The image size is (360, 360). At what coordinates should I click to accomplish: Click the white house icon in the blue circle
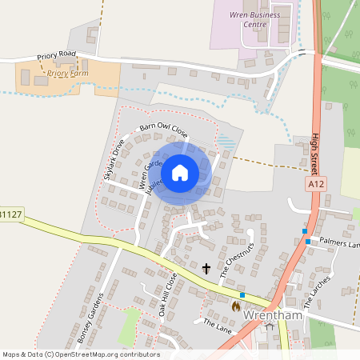180,172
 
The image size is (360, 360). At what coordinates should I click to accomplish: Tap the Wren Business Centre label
255,18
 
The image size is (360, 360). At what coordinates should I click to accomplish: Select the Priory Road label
56,56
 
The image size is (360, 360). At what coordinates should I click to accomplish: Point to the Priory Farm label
67,74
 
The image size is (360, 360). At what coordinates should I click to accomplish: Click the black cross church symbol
206,269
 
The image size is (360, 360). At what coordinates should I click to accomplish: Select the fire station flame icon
235,306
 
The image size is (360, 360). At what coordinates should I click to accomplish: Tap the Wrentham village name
273,314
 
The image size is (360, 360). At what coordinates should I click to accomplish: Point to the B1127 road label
11,214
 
